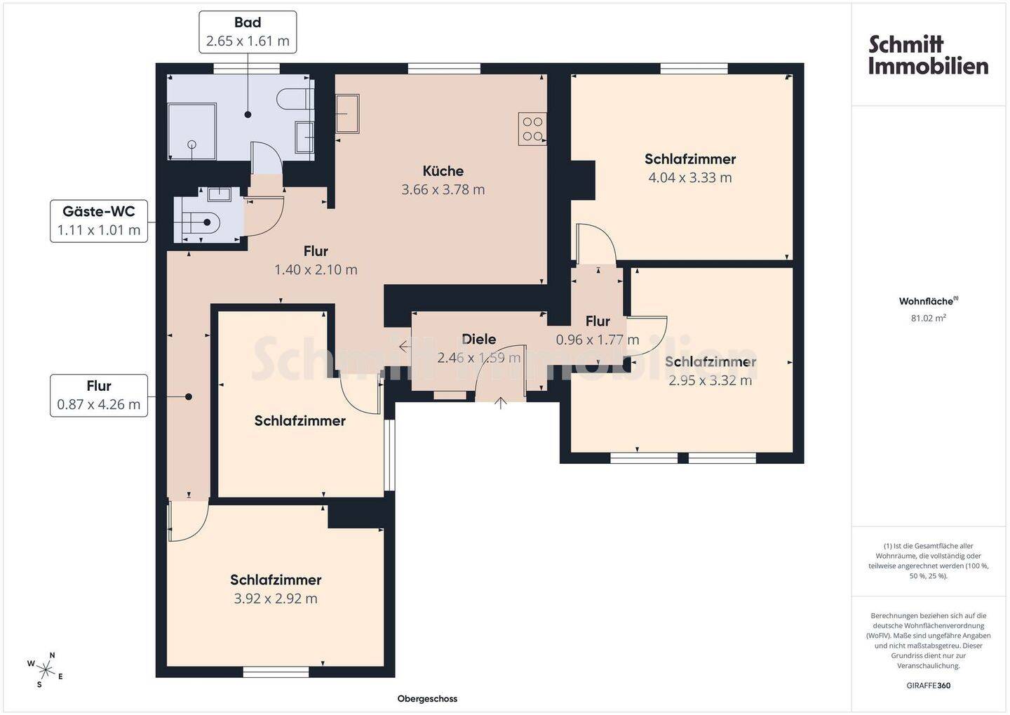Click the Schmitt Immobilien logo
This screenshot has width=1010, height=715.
pos(928,55)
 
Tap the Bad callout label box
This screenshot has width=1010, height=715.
pos(248,32)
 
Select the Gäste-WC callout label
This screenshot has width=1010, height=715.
pos(99,221)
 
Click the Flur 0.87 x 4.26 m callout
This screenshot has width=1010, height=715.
pos(99,395)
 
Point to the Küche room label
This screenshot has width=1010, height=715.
pos(443,171)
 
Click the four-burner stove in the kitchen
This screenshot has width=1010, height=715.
pos(532,129)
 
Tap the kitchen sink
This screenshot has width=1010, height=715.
pos(347,113)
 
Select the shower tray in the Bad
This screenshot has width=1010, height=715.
pos(191,131)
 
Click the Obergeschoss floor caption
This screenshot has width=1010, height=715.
pos(427,699)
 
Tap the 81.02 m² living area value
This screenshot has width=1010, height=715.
pos(929,318)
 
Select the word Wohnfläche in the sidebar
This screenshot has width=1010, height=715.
pos(926,301)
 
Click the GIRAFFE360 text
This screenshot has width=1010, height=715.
pos(929,686)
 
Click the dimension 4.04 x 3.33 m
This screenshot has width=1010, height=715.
pos(690,178)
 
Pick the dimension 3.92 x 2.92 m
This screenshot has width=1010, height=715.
pos(276,599)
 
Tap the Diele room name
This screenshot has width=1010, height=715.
pos(479,339)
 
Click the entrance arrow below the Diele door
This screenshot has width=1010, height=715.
pos(501,402)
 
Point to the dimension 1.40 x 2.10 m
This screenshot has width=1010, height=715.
pos(316,269)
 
